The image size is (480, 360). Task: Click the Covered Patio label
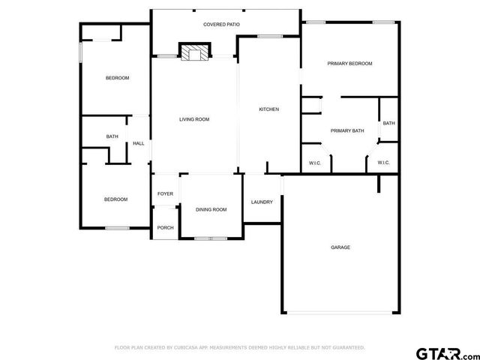click(x=221, y=25)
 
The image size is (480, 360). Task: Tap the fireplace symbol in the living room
click(x=194, y=52)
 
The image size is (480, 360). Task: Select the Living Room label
click(x=193, y=119)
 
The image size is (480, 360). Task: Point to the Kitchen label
click(x=268, y=109)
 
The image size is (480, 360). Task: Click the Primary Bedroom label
click(x=349, y=64)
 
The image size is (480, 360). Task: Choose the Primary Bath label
click(x=347, y=130)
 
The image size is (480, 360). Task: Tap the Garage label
click(x=340, y=247)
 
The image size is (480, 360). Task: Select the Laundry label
click(x=262, y=202)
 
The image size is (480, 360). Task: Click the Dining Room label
click(x=211, y=209)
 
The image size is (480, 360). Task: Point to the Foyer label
click(x=165, y=194)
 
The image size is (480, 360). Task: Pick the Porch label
click(x=165, y=228)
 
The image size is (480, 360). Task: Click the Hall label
click(x=139, y=143)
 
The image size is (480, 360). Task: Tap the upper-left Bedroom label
click(x=117, y=78)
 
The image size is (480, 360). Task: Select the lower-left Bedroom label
click(x=115, y=199)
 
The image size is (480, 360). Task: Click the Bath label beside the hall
click(x=112, y=136)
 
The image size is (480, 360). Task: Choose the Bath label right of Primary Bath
click(x=388, y=123)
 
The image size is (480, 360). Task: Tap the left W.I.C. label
click(x=315, y=163)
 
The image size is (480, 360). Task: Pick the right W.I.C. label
click(x=383, y=163)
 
